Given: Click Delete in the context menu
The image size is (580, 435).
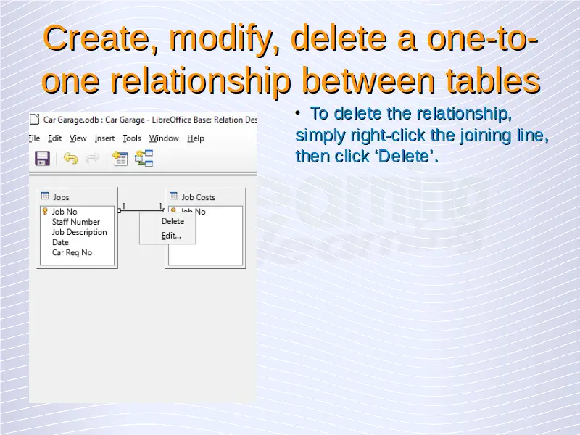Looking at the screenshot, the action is point(173,221).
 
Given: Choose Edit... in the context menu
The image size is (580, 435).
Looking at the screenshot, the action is point(171,236).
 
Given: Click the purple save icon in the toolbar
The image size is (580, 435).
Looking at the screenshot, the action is point(43,158).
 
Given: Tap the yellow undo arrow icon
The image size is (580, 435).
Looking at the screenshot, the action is point(70,158).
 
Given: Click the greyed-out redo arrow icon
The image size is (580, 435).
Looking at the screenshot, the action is point(93,158).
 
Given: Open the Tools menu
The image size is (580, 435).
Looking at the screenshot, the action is point(132,138).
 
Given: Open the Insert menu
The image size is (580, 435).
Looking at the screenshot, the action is point(104,138).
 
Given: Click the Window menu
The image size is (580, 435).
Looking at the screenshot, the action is point(164,138).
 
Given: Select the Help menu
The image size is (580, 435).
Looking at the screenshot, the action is point(196,138).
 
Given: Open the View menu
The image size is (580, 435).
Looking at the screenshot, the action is point(78,138).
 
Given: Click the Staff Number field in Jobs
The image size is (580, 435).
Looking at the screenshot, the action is point(76,222).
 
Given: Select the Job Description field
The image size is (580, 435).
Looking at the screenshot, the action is point(79,232).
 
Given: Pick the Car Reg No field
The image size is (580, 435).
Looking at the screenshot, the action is point(72,252).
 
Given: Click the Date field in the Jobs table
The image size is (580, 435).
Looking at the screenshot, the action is point(60,242).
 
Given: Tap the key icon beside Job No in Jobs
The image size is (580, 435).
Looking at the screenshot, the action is point(45,212).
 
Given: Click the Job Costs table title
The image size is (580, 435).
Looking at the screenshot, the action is point(198,197).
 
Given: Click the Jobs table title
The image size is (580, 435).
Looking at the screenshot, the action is point(61,197).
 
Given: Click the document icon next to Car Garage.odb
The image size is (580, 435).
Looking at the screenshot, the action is point(34,119).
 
